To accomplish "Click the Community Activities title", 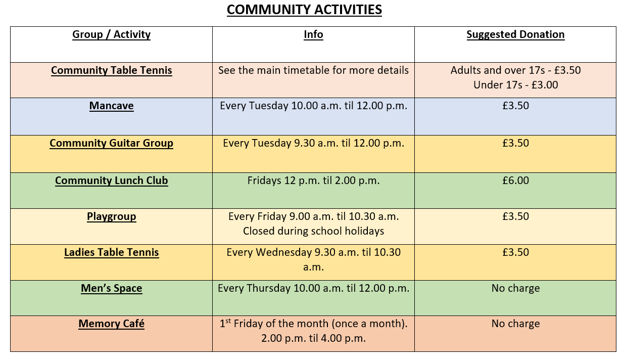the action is pyautogui.click(x=304, y=10).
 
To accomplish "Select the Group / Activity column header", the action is pyautogui.click(x=111, y=34).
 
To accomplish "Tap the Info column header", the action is pyautogui.click(x=313, y=34).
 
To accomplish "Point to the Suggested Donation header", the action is pyautogui.click(x=515, y=34).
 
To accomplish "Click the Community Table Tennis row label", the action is pyautogui.click(x=111, y=70).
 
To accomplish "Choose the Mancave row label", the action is pyautogui.click(x=111, y=106).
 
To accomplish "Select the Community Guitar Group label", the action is pyautogui.click(x=111, y=143).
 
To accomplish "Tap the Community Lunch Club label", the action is pyautogui.click(x=111, y=181).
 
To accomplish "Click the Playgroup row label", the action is pyautogui.click(x=111, y=217).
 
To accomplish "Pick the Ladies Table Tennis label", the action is pyautogui.click(x=111, y=252).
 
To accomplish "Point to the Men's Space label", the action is pyautogui.click(x=111, y=288).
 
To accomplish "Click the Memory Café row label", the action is pyautogui.click(x=111, y=324).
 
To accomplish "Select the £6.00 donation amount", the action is pyautogui.click(x=515, y=181).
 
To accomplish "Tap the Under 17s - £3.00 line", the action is pyautogui.click(x=516, y=85).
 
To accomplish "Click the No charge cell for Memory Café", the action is pyautogui.click(x=515, y=324).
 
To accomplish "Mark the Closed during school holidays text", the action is pyautogui.click(x=313, y=231).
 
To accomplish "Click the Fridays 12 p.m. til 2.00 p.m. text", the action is pyautogui.click(x=313, y=181).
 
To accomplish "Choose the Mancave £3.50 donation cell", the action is pyautogui.click(x=515, y=106).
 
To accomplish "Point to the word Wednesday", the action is pyautogui.click(x=283, y=252).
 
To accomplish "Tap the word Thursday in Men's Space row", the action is pyautogui.click(x=268, y=288).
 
